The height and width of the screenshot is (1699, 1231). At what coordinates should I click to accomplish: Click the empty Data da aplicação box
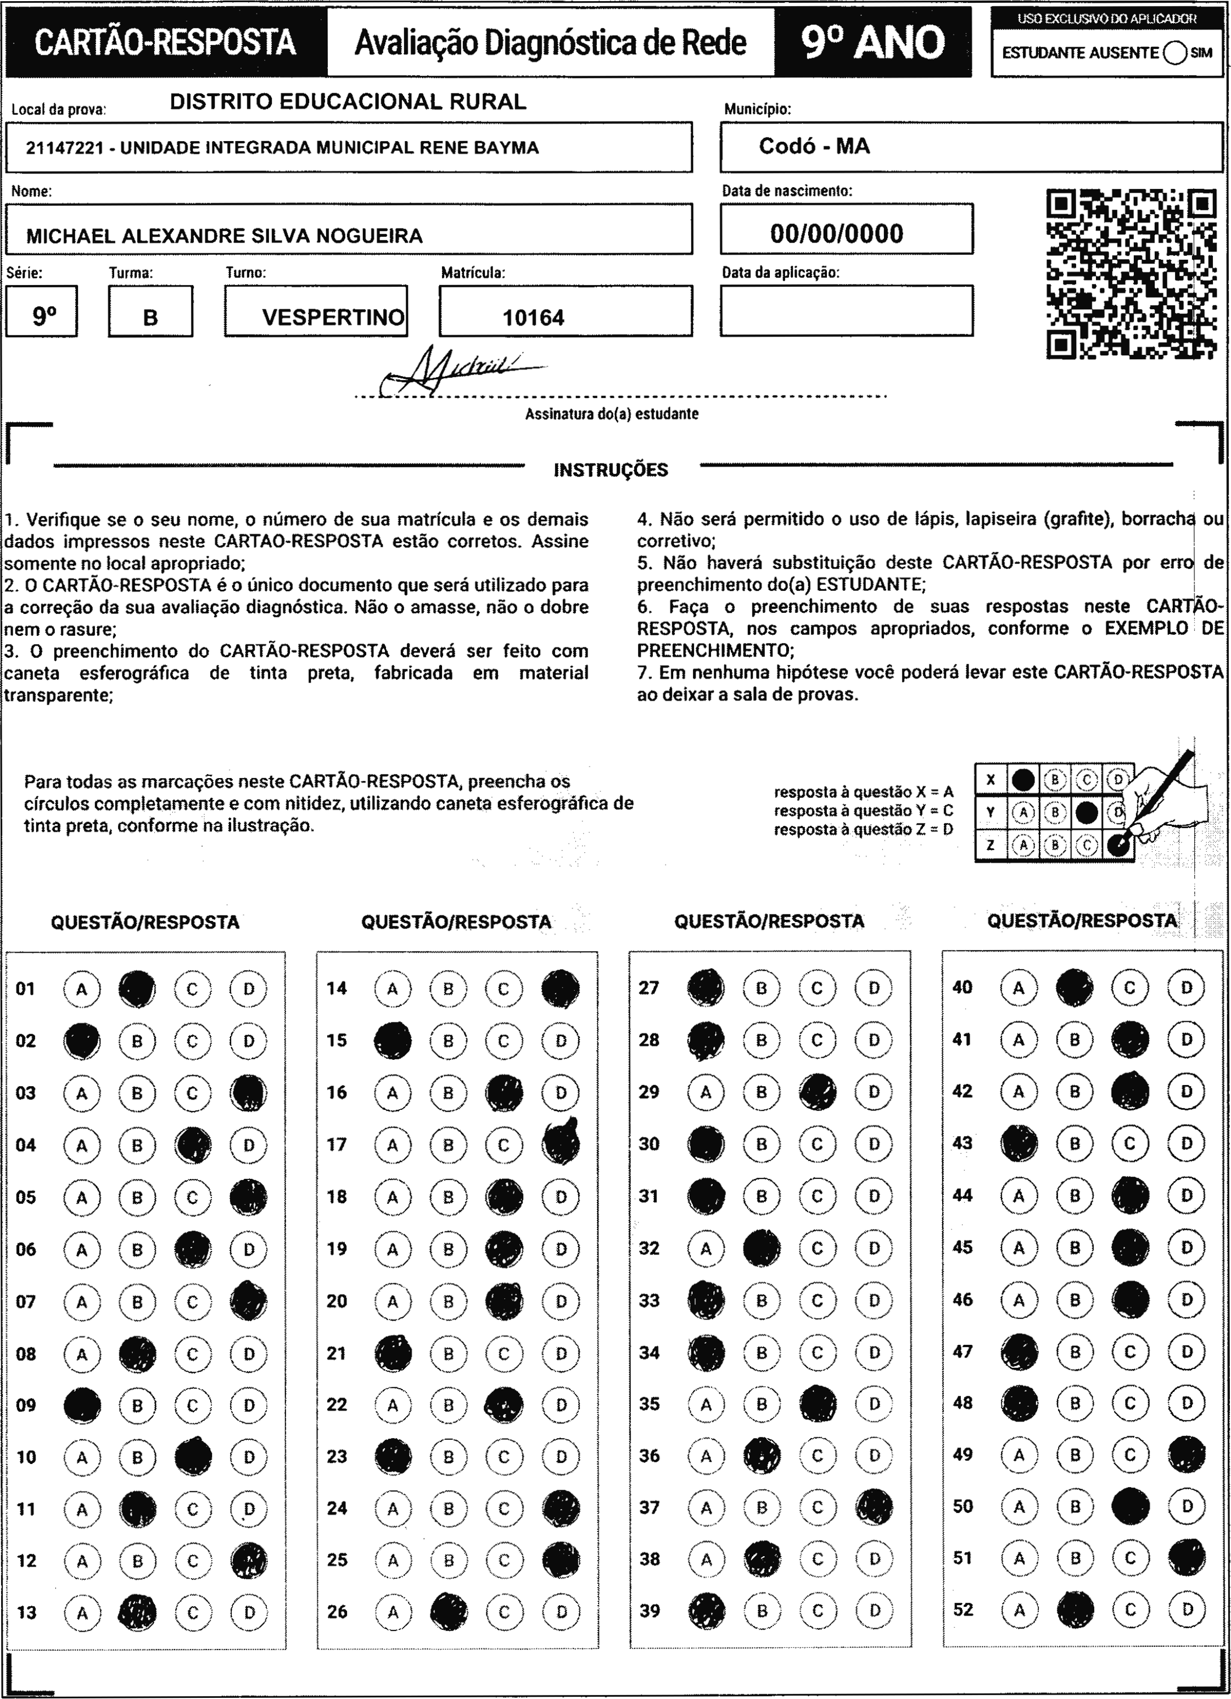pyautogui.click(x=846, y=311)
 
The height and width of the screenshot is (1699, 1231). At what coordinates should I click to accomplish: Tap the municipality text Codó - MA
pyautogui.click(x=814, y=146)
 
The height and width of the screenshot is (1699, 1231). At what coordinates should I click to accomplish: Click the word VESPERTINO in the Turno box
pyautogui.click(x=333, y=317)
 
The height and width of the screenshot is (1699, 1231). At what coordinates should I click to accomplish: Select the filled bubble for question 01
pyautogui.click(x=137, y=989)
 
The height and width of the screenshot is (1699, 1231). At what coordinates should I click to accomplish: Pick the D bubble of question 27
pyautogui.click(x=874, y=988)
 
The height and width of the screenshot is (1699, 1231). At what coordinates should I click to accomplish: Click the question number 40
pyautogui.click(x=962, y=987)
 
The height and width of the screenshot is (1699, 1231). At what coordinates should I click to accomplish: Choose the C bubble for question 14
pyautogui.click(x=503, y=989)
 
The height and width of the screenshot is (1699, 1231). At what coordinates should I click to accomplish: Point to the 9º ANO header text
pyautogui.click(x=873, y=42)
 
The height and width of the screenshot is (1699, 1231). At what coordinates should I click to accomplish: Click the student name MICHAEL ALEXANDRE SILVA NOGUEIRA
pyautogui.click(x=224, y=236)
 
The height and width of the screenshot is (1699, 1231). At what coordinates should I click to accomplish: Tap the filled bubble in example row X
pyautogui.click(x=1023, y=780)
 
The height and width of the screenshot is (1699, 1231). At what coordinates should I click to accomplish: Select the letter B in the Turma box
pyautogui.click(x=150, y=317)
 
